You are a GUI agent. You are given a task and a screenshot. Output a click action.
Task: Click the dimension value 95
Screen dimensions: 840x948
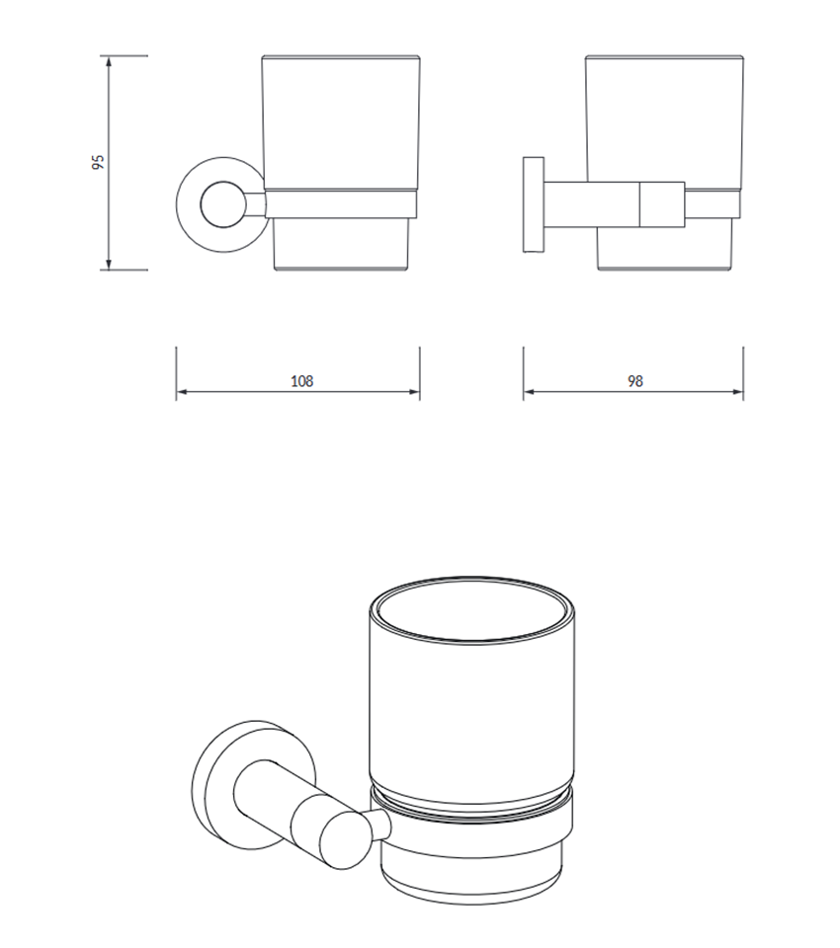(x=98, y=162)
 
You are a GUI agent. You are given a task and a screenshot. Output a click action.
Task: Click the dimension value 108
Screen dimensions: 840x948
(x=302, y=381)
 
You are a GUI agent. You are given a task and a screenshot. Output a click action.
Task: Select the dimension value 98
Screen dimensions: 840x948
(x=634, y=381)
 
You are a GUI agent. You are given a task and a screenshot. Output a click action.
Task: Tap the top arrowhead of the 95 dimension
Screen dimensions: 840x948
(x=109, y=61)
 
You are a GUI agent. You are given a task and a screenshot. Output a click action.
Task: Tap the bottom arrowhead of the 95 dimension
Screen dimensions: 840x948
(x=109, y=265)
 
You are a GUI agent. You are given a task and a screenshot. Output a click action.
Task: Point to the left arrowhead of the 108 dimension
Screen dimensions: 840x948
(x=182, y=392)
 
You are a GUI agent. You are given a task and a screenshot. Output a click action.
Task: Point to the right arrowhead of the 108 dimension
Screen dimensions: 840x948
(x=414, y=392)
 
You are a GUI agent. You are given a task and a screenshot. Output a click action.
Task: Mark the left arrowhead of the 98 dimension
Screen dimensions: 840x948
(x=530, y=392)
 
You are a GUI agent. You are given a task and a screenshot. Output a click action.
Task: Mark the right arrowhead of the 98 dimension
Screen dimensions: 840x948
(x=737, y=392)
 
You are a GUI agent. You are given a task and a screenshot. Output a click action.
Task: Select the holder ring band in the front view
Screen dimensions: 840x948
(x=341, y=204)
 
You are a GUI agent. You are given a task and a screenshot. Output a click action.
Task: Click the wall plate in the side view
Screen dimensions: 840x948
(x=534, y=204)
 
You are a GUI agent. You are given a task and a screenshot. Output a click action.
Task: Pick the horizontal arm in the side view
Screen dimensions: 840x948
(x=591, y=204)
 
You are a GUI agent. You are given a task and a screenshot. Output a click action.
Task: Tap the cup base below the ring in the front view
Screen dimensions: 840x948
(x=342, y=244)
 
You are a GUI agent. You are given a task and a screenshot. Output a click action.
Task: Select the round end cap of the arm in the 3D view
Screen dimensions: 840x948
(x=345, y=840)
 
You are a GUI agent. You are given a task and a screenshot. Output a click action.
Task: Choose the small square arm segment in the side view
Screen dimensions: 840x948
(x=662, y=204)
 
